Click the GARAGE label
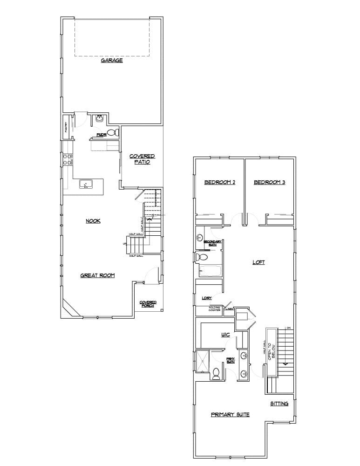[112, 61]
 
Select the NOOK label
[93, 221]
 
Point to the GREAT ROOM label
[97, 275]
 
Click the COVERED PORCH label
[148, 304]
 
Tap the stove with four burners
[68, 160]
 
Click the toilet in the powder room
[112, 133]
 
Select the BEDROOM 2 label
[220, 182]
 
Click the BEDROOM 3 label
[269, 182]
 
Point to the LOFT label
[258, 262]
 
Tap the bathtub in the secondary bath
[210, 271]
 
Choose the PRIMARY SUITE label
[230, 414]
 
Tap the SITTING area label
[279, 404]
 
